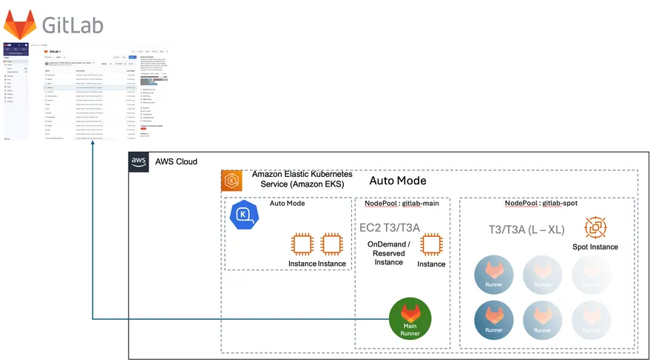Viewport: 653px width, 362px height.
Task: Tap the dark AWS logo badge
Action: coord(139,162)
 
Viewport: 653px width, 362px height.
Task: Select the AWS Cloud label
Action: coord(176,162)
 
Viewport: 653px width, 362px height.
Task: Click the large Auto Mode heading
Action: coord(397,181)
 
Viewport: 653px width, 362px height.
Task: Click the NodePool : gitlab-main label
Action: coord(402,204)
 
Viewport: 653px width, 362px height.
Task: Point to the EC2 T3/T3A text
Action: coord(389,227)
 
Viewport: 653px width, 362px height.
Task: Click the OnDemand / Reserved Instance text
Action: coord(389,253)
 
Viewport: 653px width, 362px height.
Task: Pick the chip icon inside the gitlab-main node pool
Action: coord(431,244)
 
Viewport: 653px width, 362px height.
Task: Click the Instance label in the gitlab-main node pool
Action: coord(431,264)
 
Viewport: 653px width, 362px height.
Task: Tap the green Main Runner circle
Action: coord(410,319)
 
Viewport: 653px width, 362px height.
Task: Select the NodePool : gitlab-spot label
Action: coord(541,204)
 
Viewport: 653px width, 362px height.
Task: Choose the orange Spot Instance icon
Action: coord(595,227)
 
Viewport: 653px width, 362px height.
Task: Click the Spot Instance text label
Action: coord(595,247)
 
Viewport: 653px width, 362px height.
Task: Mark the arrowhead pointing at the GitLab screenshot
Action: coord(92,144)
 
